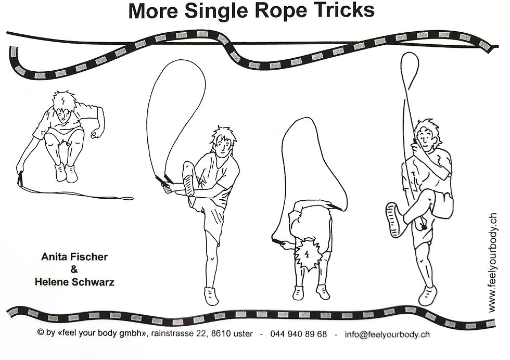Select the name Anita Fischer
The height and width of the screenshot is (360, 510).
pyautogui.click(x=74, y=257)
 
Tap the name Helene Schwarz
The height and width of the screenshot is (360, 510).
pyautogui.click(x=74, y=282)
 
